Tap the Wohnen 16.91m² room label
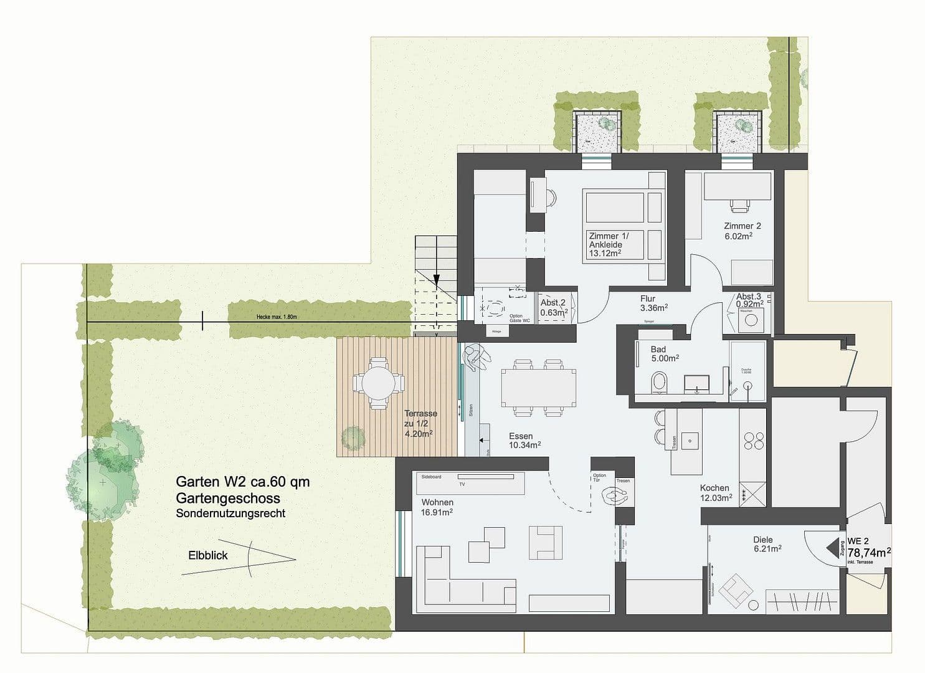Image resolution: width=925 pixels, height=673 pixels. [437, 507]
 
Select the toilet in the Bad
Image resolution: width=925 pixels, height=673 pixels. [658, 382]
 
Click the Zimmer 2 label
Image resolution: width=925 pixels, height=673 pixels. [742, 231]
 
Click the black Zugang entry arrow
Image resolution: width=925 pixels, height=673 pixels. [832, 547]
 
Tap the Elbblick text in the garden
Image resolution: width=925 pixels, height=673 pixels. [208, 555]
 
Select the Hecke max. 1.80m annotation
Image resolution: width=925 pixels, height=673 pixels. [277, 317]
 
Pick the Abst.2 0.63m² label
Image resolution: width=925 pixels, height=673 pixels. [553, 308]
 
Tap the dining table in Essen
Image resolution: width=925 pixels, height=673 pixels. [538, 387]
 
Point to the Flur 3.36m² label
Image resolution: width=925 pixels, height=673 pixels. [653, 303]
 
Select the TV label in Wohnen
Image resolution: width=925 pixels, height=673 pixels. [462, 484]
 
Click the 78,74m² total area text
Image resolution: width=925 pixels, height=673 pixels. [869, 553]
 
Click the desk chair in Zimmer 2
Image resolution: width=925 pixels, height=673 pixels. [739, 203]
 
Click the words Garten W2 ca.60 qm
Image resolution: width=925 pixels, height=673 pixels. [242, 482]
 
